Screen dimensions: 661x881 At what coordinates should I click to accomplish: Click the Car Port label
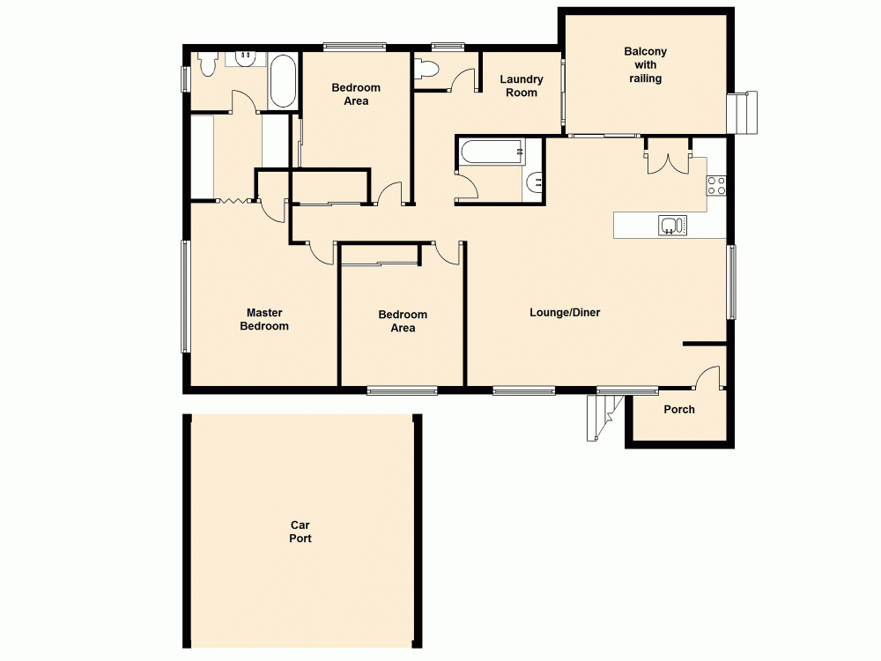click(300, 531)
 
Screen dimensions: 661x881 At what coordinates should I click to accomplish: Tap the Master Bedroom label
click(267, 319)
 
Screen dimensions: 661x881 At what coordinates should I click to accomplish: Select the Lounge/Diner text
click(565, 312)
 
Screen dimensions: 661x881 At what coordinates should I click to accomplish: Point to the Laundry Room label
click(521, 85)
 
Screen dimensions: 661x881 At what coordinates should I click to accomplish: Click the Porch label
click(678, 409)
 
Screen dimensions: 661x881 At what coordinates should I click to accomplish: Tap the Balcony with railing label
click(645, 65)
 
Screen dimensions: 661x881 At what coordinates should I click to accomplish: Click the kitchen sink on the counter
click(671, 226)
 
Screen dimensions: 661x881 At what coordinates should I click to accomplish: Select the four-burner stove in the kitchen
click(715, 185)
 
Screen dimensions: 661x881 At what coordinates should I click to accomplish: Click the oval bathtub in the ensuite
click(283, 81)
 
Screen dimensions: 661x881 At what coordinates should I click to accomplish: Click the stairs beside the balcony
click(742, 112)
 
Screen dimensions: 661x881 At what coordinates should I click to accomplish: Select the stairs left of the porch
click(603, 416)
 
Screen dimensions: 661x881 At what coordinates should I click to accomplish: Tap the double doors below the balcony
click(668, 163)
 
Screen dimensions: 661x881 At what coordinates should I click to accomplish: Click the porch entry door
click(707, 377)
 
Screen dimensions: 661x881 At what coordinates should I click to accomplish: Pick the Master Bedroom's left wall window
click(185, 296)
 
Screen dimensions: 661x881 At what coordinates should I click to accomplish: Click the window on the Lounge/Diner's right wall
click(730, 282)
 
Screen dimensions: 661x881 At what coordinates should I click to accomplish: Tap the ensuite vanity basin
click(244, 58)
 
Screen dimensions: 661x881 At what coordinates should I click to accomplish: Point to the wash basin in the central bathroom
click(534, 183)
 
